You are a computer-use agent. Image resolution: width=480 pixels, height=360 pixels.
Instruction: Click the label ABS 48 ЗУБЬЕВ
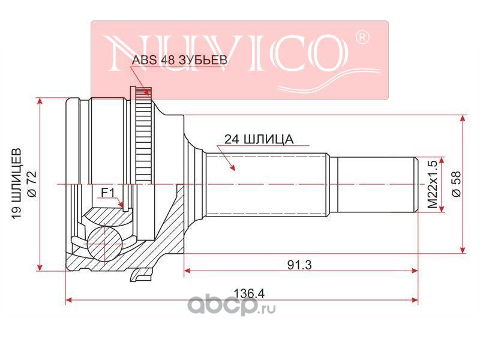coord(179,59)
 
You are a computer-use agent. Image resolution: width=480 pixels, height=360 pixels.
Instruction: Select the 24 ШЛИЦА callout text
coord(259,139)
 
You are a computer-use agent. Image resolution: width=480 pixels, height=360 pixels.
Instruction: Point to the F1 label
coord(108,193)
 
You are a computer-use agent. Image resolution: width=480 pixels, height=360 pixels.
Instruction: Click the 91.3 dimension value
coord(299,265)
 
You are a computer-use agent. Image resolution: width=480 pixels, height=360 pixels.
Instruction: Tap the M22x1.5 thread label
coord(433,185)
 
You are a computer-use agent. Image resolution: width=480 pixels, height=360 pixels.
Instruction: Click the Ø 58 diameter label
coord(457,184)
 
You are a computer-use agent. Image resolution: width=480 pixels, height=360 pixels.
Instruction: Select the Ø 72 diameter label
coord(33,184)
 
